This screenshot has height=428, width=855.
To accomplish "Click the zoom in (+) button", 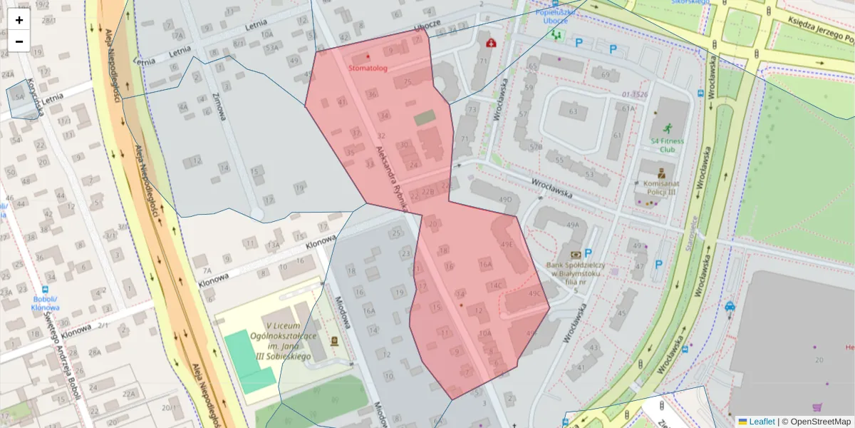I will click(19, 20).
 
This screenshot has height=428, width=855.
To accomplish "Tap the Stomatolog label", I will click(368, 68).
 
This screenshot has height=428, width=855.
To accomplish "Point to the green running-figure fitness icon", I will click(667, 129).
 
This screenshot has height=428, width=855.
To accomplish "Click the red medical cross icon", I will click(490, 44).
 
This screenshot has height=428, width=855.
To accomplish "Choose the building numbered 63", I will click(572, 111).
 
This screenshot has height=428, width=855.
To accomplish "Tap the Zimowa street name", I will click(217, 106).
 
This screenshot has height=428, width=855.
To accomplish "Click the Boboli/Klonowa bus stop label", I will click(45, 304).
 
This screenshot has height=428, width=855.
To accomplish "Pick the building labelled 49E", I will click(507, 245).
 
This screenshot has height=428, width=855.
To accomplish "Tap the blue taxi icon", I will click(730, 307).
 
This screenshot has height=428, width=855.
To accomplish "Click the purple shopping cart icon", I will click(817, 408).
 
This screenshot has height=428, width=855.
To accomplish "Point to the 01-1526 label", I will click(633, 94).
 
